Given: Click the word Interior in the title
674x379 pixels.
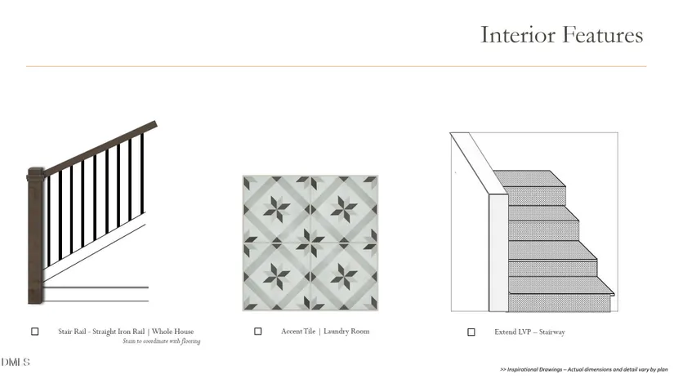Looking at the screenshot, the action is click(x=517, y=35).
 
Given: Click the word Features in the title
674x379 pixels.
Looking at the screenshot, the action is click(x=603, y=35).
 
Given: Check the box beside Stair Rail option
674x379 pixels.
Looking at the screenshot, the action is click(x=35, y=332).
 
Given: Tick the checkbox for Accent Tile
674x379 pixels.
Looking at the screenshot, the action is click(x=258, y=332).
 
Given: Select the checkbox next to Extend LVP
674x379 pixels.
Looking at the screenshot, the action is click(x=471, y=332).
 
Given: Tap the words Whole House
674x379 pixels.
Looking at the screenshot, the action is click(x=173, y=332).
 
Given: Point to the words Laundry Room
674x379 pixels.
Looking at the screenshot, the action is click(x=346, y=332).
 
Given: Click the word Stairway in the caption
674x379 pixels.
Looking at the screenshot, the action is click(x=552, y=332).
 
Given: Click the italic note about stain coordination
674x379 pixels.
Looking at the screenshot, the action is click(x=162, y=341).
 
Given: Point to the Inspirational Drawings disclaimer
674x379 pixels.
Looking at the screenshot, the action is click(x=584, y=369).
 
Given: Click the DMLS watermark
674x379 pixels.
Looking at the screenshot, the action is click(x=16, y=362).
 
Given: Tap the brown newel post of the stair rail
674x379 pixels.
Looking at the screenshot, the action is click(x=36, y=236).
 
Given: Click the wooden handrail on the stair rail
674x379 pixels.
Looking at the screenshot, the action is click(x=100, y=148).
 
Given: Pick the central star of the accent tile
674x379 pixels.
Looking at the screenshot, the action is click(x=310, y=243).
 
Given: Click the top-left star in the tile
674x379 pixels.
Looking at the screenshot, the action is click(x=276, y=209).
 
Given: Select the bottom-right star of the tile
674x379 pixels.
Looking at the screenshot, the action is click(x=344, y=276).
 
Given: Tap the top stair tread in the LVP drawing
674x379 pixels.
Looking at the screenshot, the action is click(x=529, y=178).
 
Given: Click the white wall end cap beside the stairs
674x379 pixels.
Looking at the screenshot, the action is click(x=498, y=252).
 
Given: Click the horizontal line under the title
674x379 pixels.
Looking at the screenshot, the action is click(x=336, y=66).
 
